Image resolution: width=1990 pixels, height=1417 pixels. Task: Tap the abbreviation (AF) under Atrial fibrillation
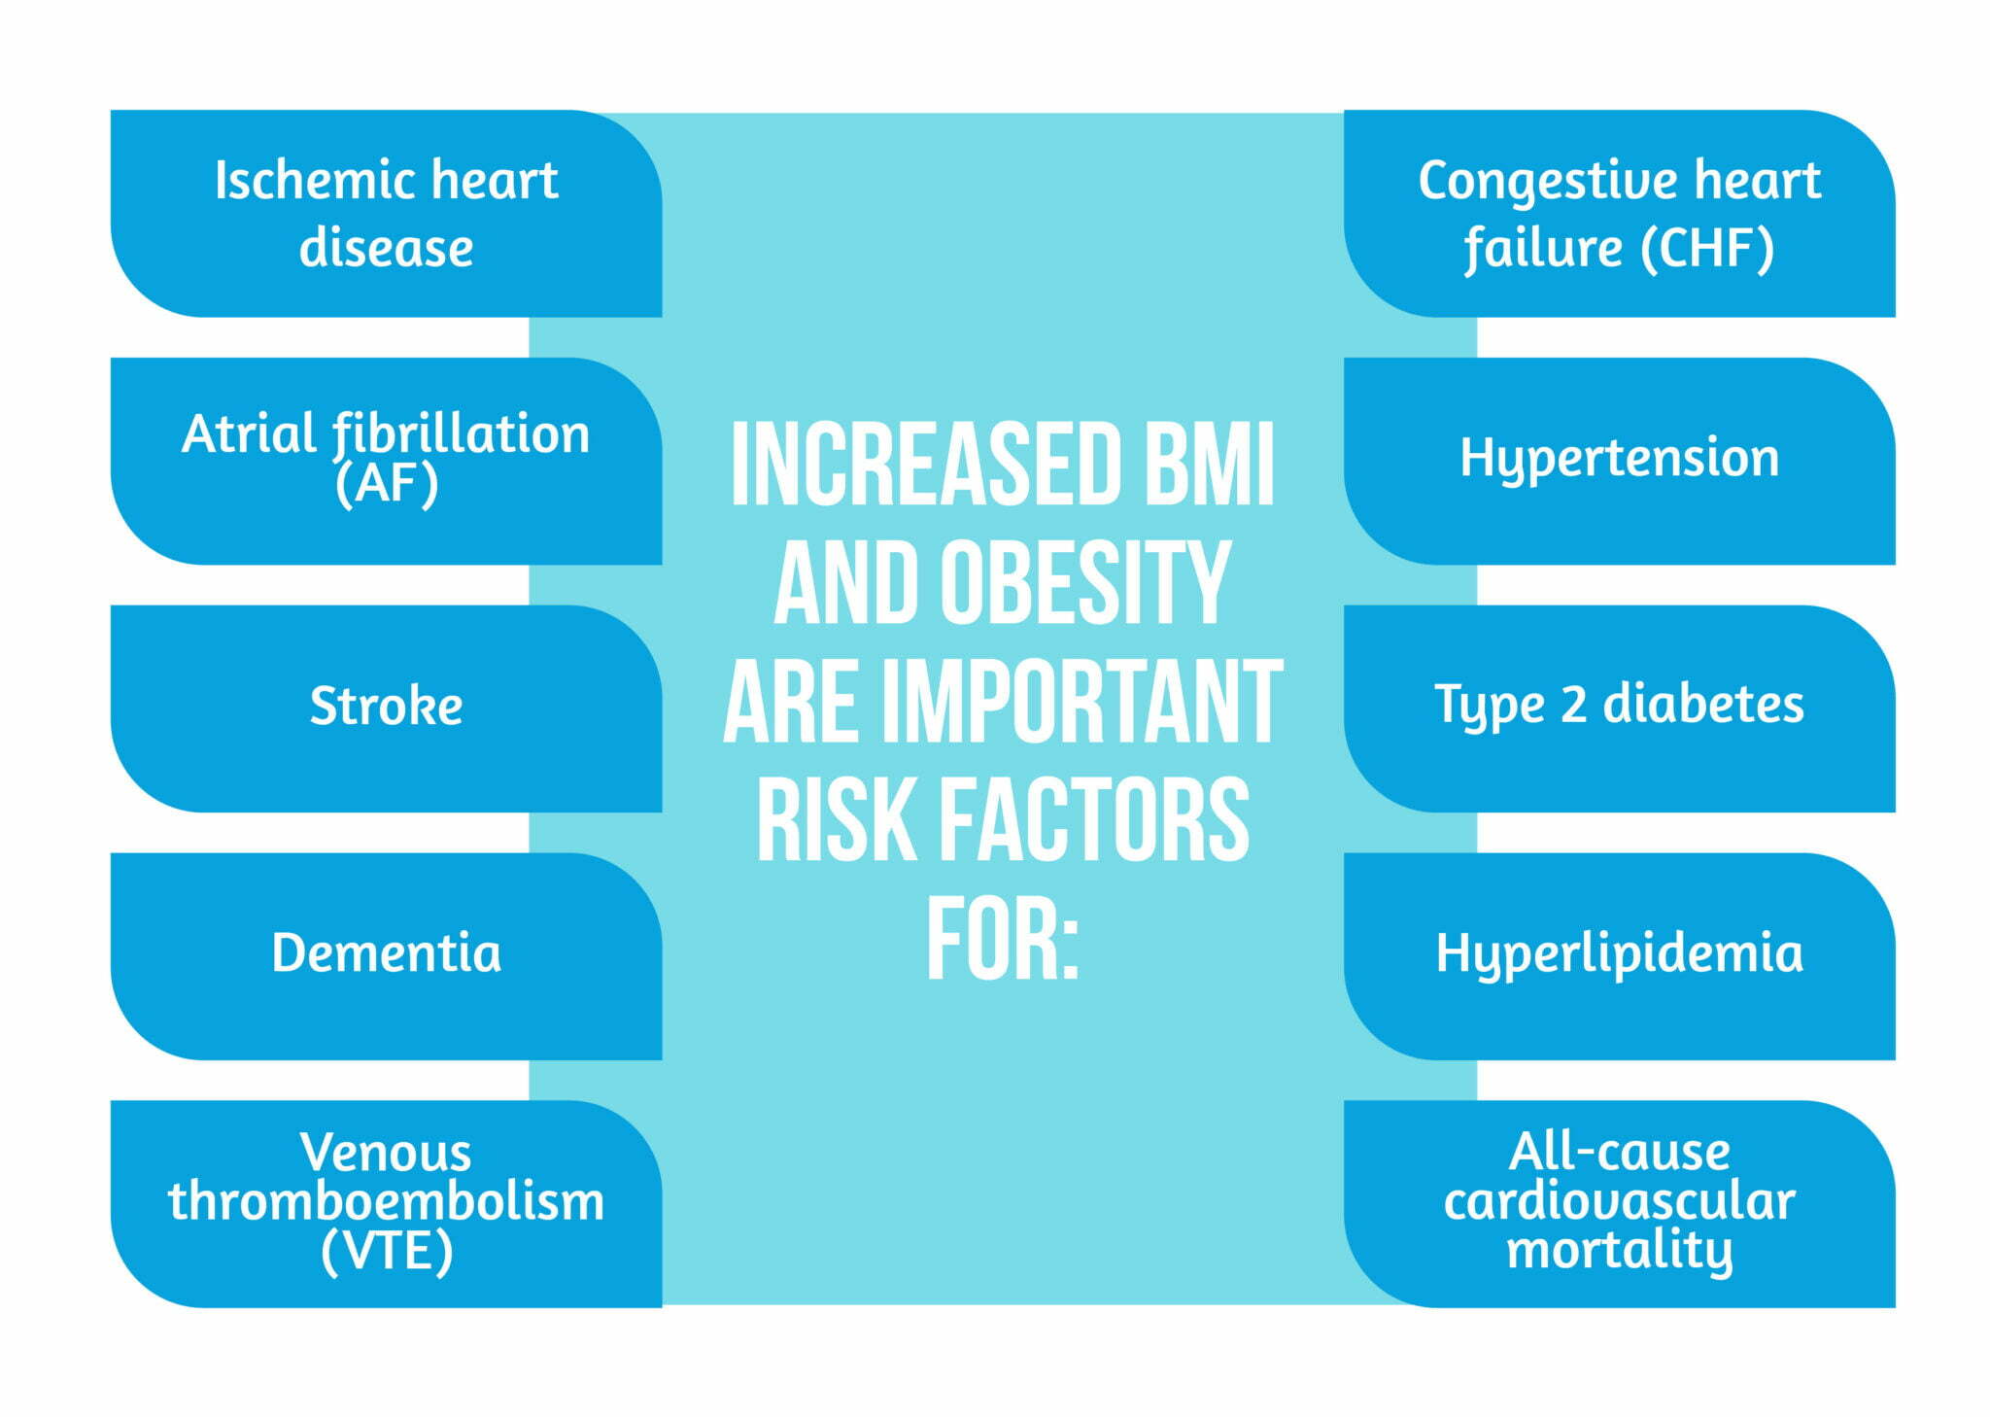(386, 483)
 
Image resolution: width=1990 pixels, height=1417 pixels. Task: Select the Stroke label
(386, 706)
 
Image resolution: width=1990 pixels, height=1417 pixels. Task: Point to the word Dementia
(386, 952)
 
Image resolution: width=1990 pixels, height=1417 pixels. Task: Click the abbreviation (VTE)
(386, 1251)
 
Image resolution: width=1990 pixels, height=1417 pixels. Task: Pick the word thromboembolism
(386, 1201)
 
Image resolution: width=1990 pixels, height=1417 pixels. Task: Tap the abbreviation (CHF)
(1706, 248)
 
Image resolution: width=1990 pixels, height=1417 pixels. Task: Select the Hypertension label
(1619, 458)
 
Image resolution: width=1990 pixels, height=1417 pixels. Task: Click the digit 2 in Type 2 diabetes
(1573, 704)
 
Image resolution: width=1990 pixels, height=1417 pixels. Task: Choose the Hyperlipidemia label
(1619, 952)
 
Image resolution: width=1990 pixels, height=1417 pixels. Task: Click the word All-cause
(1619, 1152)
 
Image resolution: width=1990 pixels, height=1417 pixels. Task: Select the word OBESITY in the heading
(1084, 582)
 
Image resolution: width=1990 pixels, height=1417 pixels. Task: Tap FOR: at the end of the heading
(1002, 941)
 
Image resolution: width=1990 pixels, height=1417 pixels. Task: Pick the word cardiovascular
(1619, 1201)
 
